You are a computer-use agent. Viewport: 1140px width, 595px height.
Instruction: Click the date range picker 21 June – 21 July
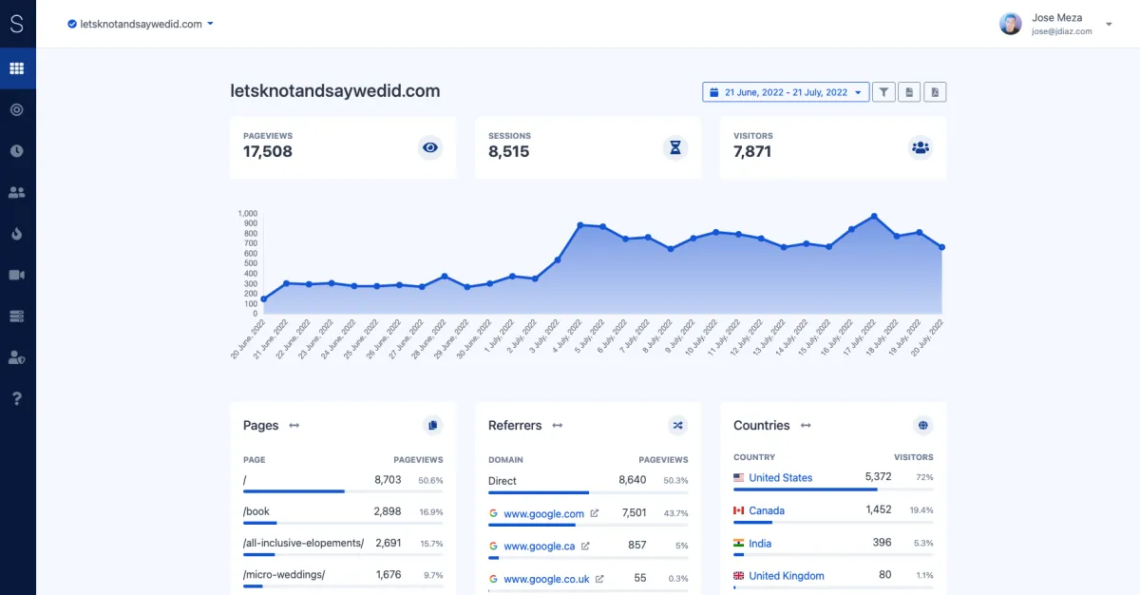[x=786, y=92]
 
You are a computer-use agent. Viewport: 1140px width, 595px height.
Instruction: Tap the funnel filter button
[x=883, y=92]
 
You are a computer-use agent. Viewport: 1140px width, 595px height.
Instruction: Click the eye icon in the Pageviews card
[x=431, y=147]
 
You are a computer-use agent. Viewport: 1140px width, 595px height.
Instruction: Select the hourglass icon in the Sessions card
[x=675, y=147]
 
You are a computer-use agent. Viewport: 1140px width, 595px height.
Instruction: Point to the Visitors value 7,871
[x=752, y=152]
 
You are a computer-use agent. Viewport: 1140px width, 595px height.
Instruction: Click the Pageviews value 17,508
[x=268, y=152]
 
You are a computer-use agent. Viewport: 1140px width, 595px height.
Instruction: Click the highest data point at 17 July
[x=874, y=217]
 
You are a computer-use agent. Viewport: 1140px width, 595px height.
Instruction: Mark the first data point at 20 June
[x=263, y=299]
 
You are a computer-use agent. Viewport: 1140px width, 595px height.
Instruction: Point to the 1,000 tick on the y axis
[x=248, y=214]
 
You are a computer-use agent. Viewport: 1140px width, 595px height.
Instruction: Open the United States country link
[x=780, y=478]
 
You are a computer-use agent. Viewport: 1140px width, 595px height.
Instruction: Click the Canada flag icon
[x=739, y=511]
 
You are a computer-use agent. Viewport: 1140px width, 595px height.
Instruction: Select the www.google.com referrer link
[x=543, y=514]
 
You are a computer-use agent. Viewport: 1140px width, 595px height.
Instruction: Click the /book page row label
[x=256, y=511]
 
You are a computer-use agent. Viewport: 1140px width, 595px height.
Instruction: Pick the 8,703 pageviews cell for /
[x=388, y=480]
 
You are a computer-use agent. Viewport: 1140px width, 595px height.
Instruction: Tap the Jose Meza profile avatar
[x=1011, y=24]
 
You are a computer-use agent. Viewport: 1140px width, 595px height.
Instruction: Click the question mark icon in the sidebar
[x=16, y=398]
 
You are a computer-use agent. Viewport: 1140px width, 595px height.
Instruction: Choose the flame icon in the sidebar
[x=16, y=234]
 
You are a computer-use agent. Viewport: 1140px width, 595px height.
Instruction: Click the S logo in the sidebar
[x=16, y=25]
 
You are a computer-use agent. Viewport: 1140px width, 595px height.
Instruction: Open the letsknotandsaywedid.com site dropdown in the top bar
[x=141, y=25]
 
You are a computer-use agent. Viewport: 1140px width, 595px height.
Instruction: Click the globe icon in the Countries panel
[x=921, y=425]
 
